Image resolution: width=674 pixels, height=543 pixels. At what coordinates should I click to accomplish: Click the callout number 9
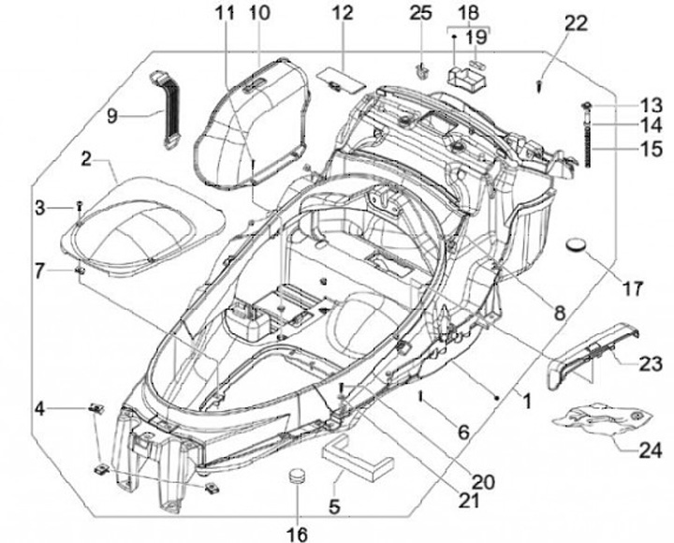coord(111,116)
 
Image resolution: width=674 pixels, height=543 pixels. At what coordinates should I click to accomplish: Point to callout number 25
coord(421,13)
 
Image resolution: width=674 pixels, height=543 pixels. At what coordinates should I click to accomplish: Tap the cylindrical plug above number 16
coord(298,474)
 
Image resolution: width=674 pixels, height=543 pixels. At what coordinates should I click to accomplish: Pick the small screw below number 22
coord(542,86)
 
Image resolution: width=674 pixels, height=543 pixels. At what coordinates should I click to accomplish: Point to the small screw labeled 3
coord(81,204)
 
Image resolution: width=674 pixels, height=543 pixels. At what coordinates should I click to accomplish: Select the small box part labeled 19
coord(464,75)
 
